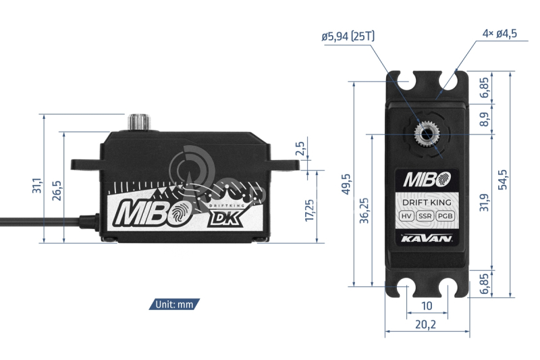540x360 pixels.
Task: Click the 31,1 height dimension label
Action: [37, 185]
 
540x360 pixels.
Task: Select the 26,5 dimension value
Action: [57, 190]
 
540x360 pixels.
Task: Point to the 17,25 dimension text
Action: [309, 210]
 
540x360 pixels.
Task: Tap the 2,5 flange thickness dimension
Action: [300, 148]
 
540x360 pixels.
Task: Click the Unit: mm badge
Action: [174, 304]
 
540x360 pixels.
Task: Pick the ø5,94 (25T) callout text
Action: [348, 36]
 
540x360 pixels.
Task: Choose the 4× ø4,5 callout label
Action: [500, 33]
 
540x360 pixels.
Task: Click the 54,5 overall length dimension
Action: [502, 179]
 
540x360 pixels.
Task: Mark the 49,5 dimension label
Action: [346, 184]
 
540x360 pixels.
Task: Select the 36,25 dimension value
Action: [364, 211]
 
